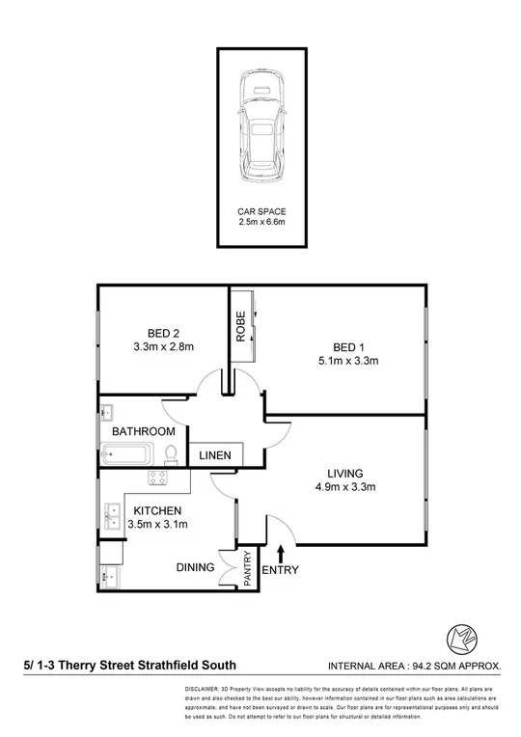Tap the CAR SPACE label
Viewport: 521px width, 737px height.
click(x=261, y=210)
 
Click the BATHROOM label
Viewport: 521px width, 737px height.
click(x=144, y=431)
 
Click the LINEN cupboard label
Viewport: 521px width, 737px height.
click(x=213, y=455)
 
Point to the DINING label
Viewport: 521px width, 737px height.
click(x=194, y=568)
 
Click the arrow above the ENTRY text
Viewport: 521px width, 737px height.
click(x=281, y=553)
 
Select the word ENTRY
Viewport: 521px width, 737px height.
click(x=281, y=570)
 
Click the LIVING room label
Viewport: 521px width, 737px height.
click(x=344, y=474)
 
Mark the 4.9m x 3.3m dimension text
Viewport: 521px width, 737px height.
click(x=344, y=488)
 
